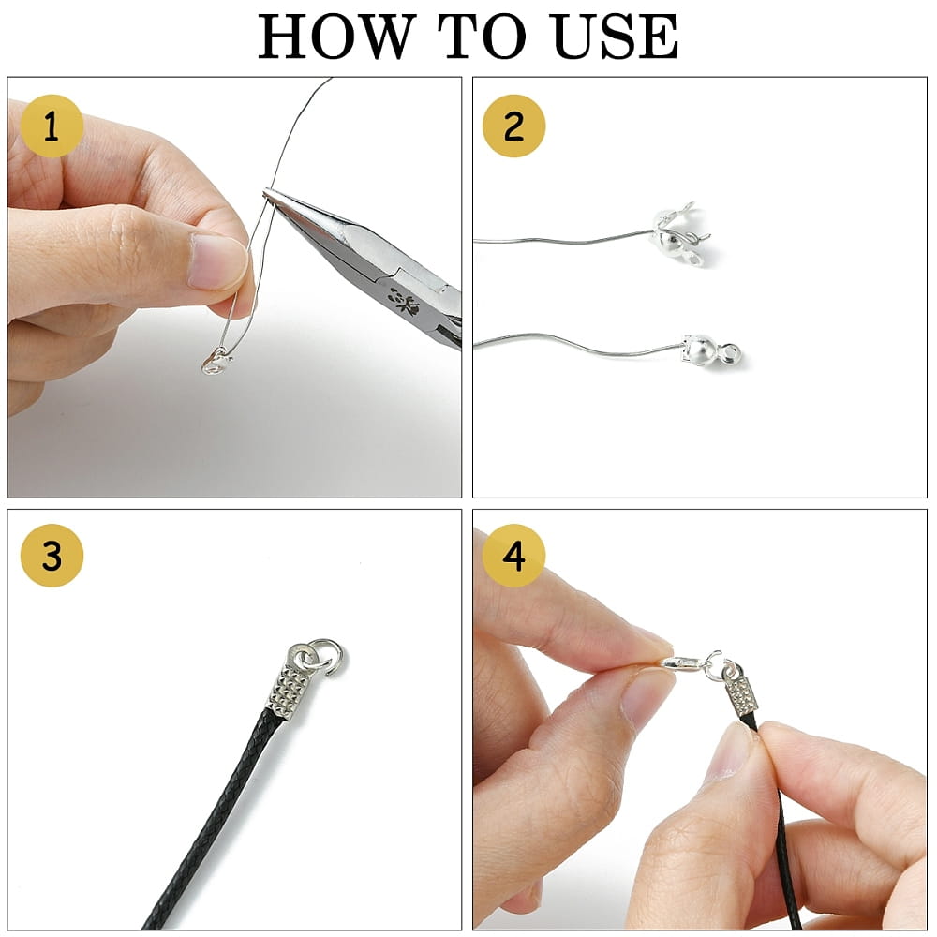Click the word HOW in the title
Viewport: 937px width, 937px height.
[x=336, y=37]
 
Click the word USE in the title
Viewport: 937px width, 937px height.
[x=615, y=37]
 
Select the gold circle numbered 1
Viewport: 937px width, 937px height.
[x=52, y=126]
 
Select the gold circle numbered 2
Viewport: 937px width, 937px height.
[x=513, y=126]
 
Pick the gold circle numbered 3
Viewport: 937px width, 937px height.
[x=52, y=555]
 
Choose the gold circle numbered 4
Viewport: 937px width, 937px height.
[x=513, y=555]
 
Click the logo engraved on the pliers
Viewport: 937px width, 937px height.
[x=405, y=302]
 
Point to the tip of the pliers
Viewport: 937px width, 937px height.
[x=265, y=191]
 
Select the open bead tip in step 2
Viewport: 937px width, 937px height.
[x=682, y=235]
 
